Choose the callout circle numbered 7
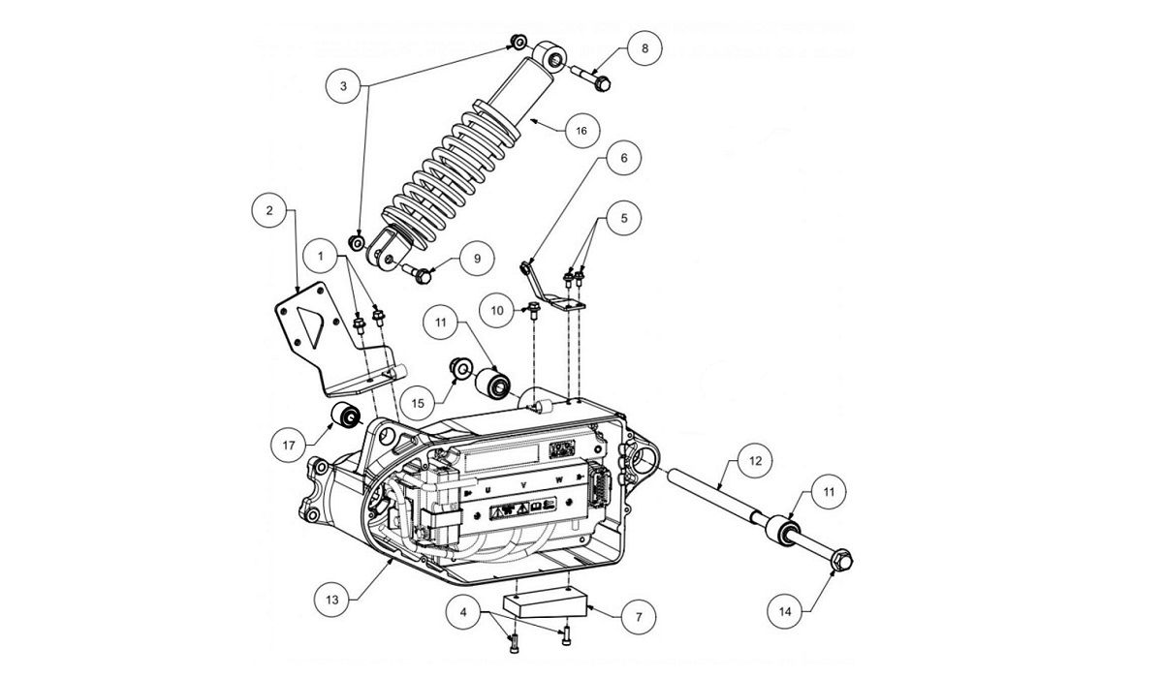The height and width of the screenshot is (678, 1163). point(639,616)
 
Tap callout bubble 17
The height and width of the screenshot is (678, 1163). point(288,447)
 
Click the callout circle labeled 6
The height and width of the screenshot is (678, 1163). point(623,157)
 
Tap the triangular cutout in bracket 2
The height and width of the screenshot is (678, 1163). point(312,327)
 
